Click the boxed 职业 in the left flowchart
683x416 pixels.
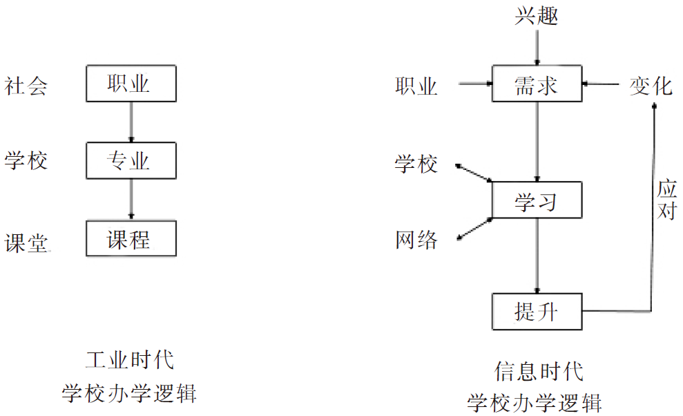(131, 84)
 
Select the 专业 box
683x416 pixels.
(131, 162)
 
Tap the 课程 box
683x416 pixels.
(131, 239)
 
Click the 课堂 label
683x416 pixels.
(26, 243)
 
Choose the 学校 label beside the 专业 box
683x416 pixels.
(26, 162)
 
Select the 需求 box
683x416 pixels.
(537, 85)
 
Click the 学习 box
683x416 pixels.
(537, 202)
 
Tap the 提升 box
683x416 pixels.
(537, 312)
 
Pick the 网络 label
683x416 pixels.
(416, 240)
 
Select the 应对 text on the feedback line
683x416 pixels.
(666, 200)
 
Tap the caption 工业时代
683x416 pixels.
(130, 360)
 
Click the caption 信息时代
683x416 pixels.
(539, 371)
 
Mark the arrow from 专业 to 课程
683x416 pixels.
(131, 200)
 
